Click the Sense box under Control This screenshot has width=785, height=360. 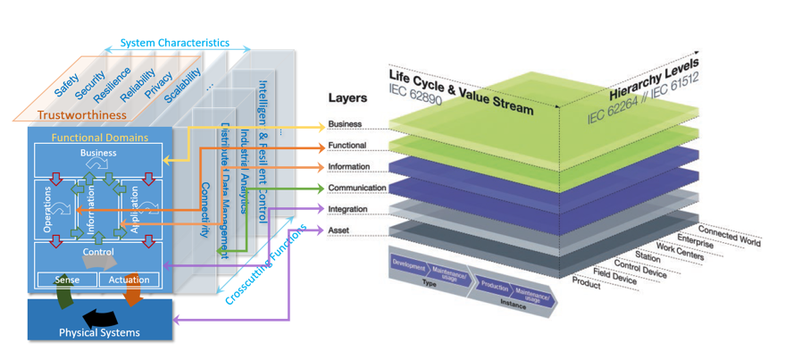67,280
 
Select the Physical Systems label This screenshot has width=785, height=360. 99,333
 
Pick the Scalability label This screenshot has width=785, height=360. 184,80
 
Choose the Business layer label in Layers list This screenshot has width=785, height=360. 345,124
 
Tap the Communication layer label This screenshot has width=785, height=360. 356,188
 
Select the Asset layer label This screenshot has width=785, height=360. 339,230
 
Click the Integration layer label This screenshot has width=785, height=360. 348,209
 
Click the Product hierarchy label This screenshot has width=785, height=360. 586,284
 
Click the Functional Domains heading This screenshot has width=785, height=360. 99,138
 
